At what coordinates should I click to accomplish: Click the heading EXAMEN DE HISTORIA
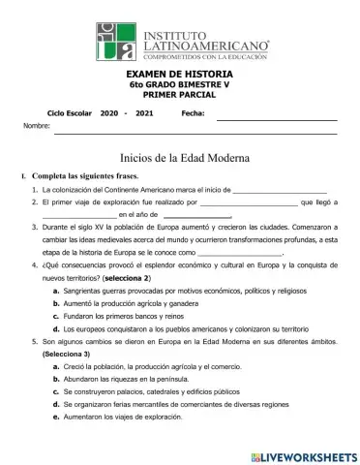179,76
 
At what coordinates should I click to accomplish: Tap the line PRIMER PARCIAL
179,96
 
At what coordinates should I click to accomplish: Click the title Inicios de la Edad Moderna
179,156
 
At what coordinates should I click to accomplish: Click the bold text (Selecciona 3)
68,356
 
